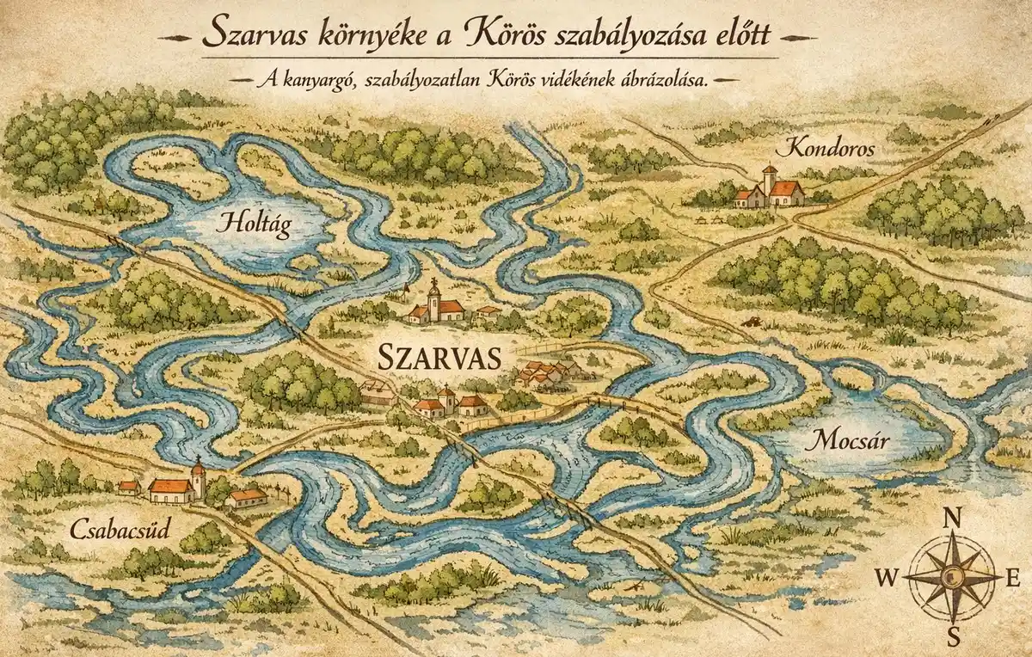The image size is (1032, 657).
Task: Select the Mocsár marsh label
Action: (x=849, y=442)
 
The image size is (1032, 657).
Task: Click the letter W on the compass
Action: (x=886, y=577)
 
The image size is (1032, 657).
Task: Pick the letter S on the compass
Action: (x=953, y=636)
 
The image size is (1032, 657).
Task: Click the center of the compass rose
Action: (x=952, y=576)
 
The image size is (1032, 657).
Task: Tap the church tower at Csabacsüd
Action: (x=199, y=477)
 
